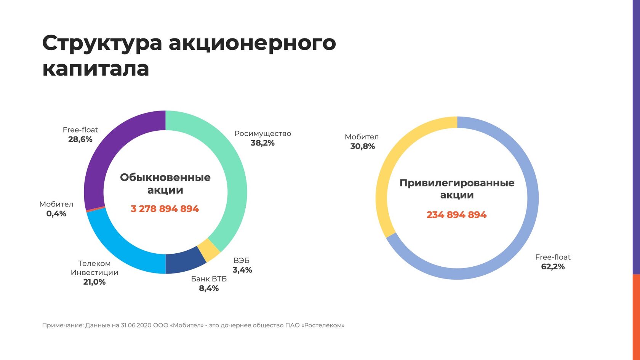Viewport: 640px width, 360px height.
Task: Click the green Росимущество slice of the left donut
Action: tap(236, 179)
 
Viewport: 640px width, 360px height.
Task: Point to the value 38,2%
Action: tap(262, 143)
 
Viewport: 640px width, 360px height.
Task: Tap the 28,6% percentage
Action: tap(80, 139)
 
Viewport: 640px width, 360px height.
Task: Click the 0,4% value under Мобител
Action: tap(56, 214)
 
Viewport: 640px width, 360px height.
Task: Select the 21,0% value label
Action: tap(94, 282)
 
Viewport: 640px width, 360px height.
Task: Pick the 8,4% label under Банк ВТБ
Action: tap(209, 288)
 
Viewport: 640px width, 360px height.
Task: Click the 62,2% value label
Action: tap(553, 267)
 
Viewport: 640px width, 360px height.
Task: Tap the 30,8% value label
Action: tap(362, 146)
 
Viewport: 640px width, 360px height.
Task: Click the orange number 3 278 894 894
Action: tap(165, 209)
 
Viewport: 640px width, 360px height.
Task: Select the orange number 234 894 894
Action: tap(456, 215)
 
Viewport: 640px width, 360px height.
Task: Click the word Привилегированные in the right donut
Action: tap(457, 183)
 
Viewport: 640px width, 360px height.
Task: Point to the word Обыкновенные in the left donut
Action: tap(165, 178)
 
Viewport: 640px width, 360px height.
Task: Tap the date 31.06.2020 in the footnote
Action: tap(136, 325)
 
